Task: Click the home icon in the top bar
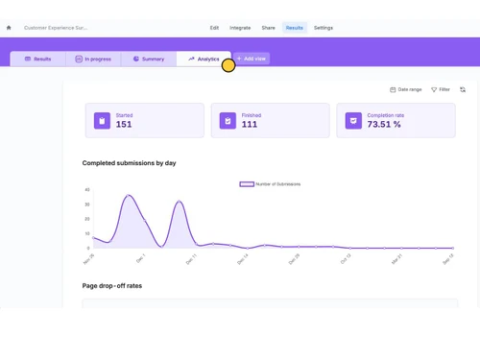9,28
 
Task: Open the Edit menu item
214,28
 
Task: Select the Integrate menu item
240,28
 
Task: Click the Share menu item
268,28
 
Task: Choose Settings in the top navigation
324,28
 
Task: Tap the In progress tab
93,59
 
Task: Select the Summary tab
149,59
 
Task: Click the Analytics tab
204,59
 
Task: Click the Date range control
406,89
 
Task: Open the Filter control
441,89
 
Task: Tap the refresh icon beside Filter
463,89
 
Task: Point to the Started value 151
124,125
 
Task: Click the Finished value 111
250,125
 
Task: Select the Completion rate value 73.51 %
384,125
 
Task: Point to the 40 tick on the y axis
87,190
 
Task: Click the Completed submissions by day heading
129,163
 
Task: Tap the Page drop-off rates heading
112,285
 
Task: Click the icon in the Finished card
228,121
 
